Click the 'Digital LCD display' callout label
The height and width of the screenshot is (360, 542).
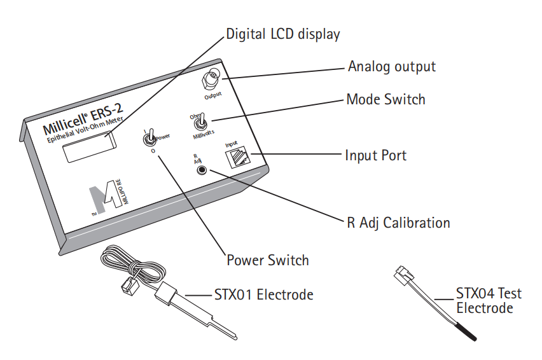click(283, 34)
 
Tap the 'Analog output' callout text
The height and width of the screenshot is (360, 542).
click(392, 67)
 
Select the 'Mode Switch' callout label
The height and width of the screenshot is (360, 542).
click(386, 99)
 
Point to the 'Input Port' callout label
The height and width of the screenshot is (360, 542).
click(376, 155)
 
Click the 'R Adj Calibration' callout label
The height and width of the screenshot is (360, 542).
click(399, 223)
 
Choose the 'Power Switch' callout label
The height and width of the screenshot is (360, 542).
click(268, 260)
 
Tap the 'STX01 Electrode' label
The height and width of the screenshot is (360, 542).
click(264, 294)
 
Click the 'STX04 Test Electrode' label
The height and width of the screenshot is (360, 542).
click(489, 301)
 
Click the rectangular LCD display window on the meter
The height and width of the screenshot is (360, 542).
click(90, 148)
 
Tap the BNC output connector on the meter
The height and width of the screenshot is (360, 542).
click(210, 79)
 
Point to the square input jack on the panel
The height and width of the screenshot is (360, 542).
click(237, 156)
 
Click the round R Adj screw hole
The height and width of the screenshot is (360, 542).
click(201, 170)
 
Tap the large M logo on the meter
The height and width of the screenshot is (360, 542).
click(104, 197)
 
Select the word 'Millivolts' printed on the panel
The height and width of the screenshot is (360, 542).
click(204, 135)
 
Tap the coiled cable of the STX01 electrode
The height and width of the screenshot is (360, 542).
click(132, 265)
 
